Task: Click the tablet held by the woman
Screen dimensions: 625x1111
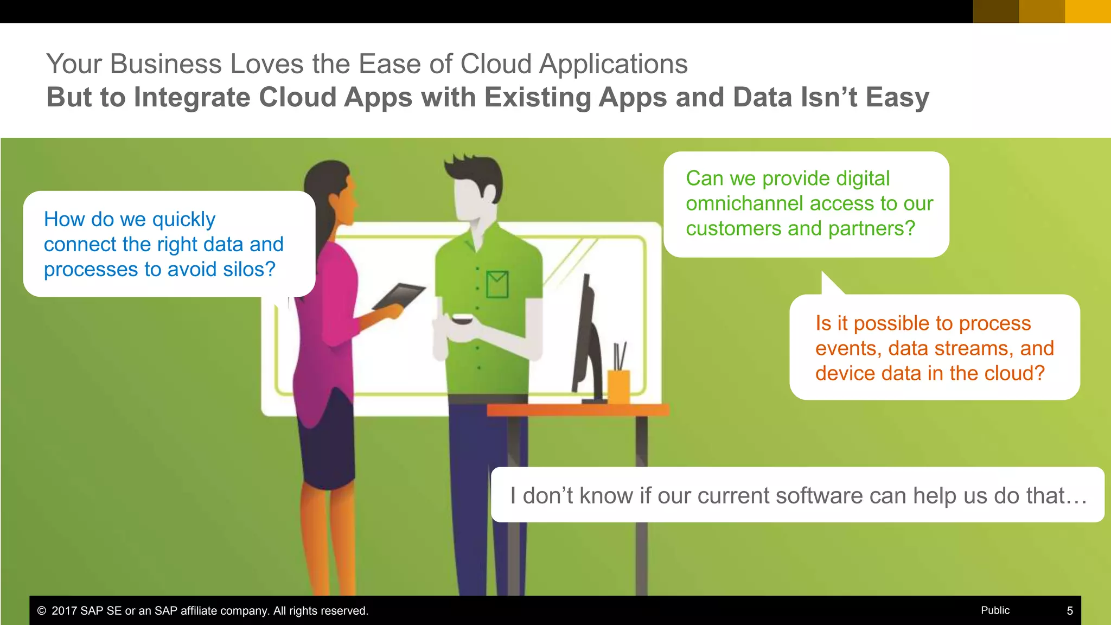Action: click(x=399, y=296)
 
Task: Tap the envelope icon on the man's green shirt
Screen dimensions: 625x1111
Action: click(x=497, y=284)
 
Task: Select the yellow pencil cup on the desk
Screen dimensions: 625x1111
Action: click(x=619, y=386)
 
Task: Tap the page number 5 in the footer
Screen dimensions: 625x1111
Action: click(x=1070, y=611)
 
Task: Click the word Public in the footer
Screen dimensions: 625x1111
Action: click(x=995, y=610)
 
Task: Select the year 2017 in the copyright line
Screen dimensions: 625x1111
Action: click(x=64, y=611)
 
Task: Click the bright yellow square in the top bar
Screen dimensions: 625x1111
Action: click(x=1088, y=11)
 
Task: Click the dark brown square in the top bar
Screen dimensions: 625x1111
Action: click(x=996, y=11)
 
